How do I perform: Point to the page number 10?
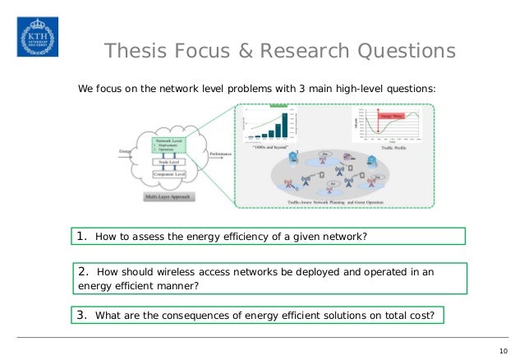point(503,352)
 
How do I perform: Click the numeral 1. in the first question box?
point(82,237)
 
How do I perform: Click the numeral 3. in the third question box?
point(81,315)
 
